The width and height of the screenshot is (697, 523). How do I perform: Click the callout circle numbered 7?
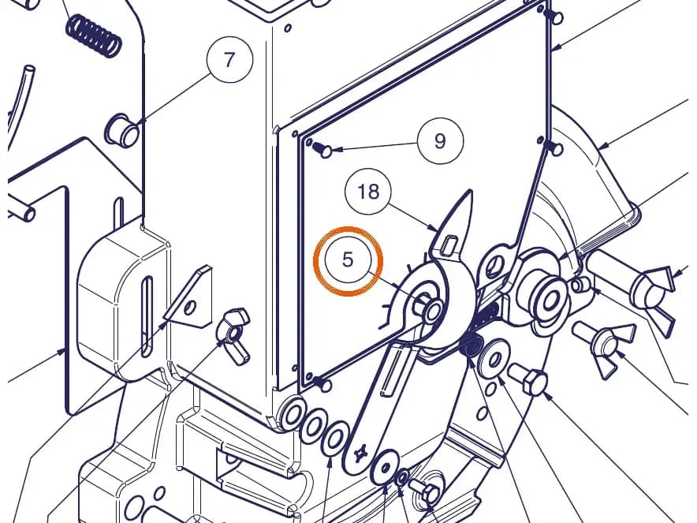click(x=229, y=59)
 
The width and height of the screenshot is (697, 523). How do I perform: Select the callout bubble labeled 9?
click(x=440, y=141)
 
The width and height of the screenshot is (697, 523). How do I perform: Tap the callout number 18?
click(x=368, y=192)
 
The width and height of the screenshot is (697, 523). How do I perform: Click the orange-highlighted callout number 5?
click(x=348, y=260)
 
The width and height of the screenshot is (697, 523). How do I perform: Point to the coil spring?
click(x=93, y=35)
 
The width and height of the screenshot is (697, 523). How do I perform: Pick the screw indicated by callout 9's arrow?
click(x=322, y=149)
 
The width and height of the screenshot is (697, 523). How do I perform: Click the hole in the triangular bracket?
click(x=190, y=308)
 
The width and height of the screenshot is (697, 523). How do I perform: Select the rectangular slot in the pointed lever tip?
click(x=450, y=245)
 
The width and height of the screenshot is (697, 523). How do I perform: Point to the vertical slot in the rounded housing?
click(x=147, y=316)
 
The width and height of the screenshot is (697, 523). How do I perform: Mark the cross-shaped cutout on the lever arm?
click(x=360, y=453)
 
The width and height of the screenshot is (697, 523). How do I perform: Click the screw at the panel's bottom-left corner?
click(x=322, y=383)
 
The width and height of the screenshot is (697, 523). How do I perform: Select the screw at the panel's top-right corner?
click(x=553, y=17)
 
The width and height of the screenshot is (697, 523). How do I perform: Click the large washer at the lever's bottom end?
click(x=385, y=468)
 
